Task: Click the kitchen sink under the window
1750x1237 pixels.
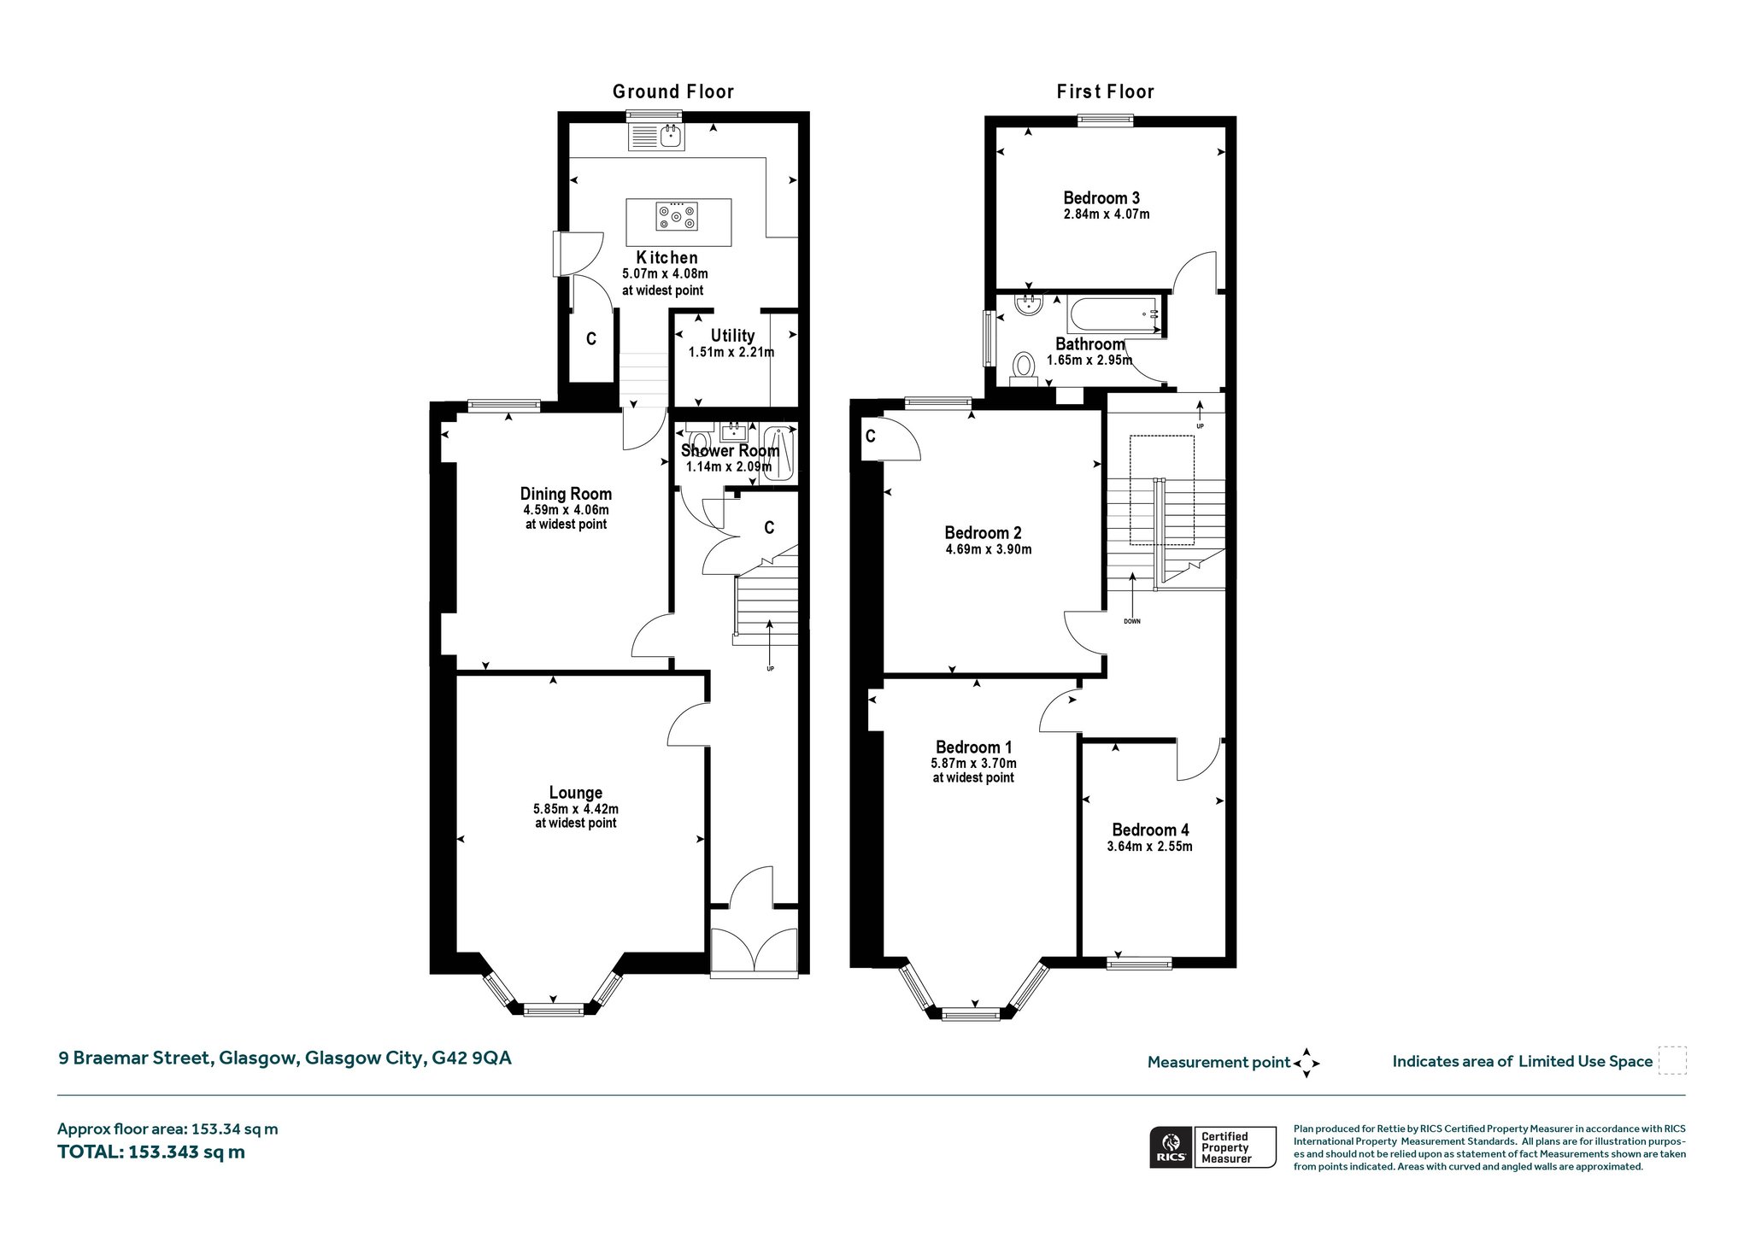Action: point(655,137)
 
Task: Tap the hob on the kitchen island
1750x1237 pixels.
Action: point(677,216)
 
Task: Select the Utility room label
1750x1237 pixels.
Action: point(732,336)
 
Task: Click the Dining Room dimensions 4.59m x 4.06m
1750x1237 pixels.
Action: point(567,510)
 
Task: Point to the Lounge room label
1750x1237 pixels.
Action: point(576,793)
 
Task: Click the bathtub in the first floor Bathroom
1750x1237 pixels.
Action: point(1114,314)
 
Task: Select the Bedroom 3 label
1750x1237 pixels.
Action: point(1101,198)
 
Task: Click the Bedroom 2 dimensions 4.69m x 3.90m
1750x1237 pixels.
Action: point(989,549)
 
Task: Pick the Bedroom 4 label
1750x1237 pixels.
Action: point(1150,830)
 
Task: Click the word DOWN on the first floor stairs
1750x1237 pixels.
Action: point(1132,621)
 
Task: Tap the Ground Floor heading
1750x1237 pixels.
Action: point(673,91)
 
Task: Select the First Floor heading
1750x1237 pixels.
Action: point(1106,91)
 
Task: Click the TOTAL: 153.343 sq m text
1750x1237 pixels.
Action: point(151,1152)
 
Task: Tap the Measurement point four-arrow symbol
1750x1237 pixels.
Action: point(1307,1064)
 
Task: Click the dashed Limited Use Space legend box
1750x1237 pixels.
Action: point(1672,1061)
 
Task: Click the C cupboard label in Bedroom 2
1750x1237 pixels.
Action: point(871,437)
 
